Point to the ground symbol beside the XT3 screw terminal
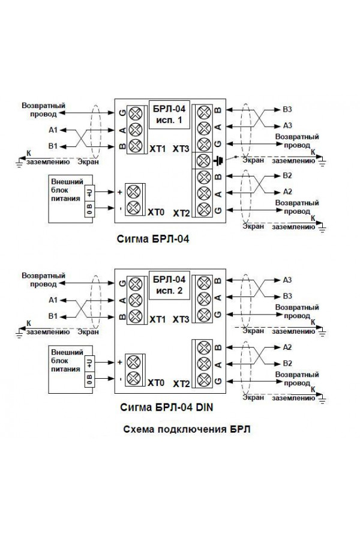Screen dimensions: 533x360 click(x=218, y=160)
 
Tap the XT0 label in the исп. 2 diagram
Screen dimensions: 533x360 click(x=156, y=382)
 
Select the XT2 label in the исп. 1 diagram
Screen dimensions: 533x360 click(x=181, y=213)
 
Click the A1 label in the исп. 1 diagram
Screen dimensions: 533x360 click(x=53, y=130)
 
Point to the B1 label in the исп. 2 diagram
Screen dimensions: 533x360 click(x=53, y=316)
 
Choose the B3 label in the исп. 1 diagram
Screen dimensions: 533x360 click(x=287, y=110)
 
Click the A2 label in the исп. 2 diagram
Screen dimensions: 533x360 click(x=287, y=348)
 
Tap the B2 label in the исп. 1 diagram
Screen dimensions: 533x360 click(x=287, y=175)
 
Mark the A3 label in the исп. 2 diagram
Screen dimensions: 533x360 click(x=287, y=280)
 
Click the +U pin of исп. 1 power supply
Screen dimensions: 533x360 click(x=89, y=191)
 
